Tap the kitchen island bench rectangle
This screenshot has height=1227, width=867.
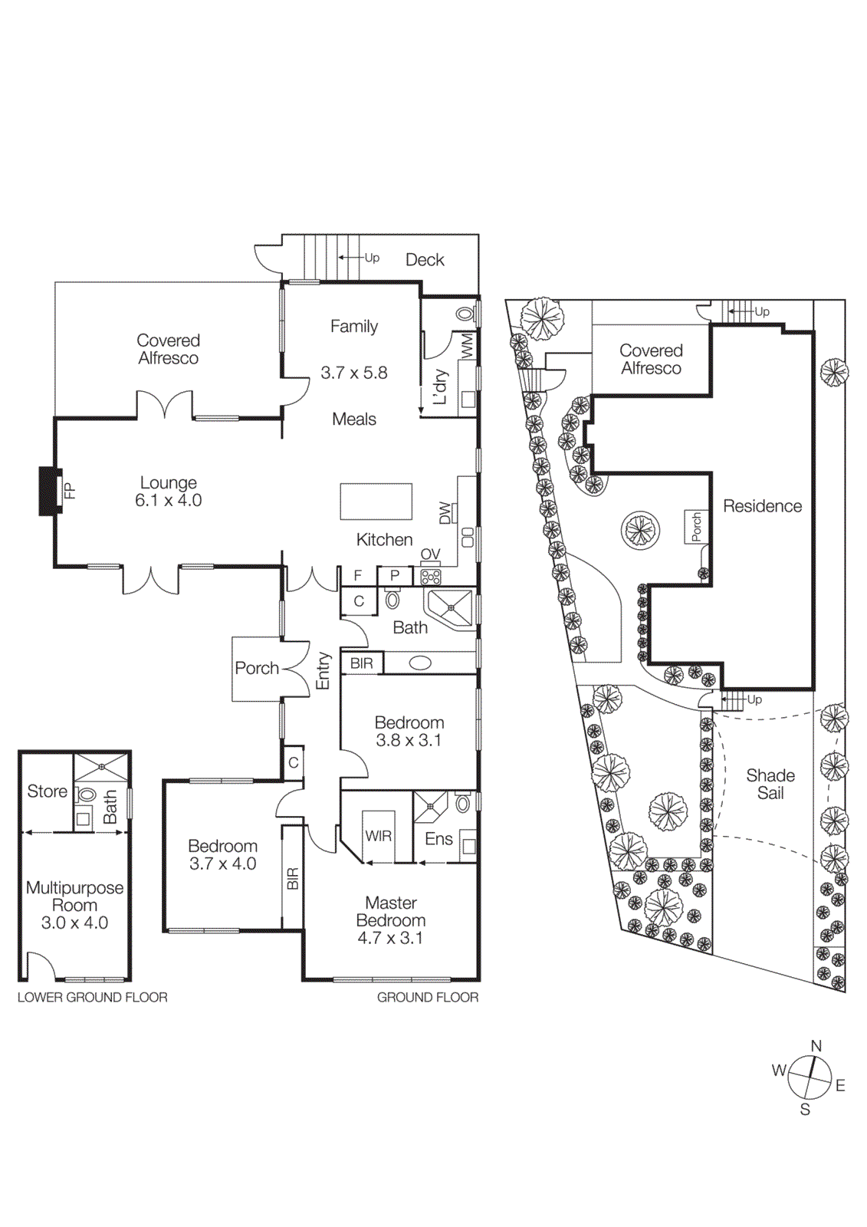pos(376,502)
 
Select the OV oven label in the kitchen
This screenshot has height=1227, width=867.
pos(430,554)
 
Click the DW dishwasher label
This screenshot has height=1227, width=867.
pos(445,513)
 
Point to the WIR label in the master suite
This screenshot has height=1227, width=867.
pos(378,836)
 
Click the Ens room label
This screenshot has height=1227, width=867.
pos(438,839)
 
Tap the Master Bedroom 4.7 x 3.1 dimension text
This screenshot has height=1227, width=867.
pos(390,938)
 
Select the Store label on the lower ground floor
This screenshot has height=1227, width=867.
pos(47,791)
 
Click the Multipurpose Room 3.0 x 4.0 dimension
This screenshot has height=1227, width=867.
pos(74,923)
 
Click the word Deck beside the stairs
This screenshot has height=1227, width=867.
pos(425,260)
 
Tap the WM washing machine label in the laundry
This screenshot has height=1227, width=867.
pos(467,347)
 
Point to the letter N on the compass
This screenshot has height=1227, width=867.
pos(816,1046)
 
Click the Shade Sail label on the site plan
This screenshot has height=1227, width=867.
pos(770,784)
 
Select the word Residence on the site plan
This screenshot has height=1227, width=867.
pos(762,506)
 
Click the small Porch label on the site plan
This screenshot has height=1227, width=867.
pos(696,528)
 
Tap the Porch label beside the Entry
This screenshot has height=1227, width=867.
pos(257,668)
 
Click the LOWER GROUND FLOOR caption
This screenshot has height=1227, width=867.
pos(92,997)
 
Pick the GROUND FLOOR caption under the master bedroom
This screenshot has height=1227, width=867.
pos(427,997)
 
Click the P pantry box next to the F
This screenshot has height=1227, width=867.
pos(395,575)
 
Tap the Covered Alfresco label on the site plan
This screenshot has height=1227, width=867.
pos(651,359)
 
